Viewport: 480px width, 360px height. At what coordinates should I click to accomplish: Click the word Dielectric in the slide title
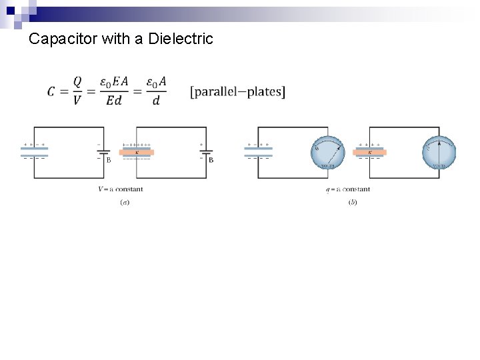pyautogui.click(x=181, y=39)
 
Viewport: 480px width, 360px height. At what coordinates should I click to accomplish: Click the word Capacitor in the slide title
pyautogui.click(x=64, y=39)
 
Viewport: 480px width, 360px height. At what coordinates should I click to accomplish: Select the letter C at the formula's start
pyautogui.click(x=51, y=92)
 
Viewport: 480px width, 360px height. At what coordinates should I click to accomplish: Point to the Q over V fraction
pyautogui.click(x=77, y=91)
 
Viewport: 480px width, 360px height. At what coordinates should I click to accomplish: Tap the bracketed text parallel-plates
pyautogui.click(x=237, y=91)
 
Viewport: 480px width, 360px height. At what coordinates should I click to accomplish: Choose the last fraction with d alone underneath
pyautogui.click(x=156, y=91)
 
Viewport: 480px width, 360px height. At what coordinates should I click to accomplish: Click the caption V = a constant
pyautogui.click(x=120, y=189)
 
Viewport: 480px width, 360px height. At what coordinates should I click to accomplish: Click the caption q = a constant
pyautogui.click(x=347, y=189)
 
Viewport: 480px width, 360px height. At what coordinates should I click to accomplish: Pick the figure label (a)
pyautogui.click(x=125, y=202)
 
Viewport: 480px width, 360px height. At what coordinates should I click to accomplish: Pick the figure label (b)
pyautogui.click(x=352, y=202)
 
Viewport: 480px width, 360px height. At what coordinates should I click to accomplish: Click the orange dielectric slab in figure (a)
pyautogui.click(x=137, y=153)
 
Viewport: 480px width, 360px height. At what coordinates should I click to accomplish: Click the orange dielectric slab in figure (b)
pyautogui.click(x=370, y=153)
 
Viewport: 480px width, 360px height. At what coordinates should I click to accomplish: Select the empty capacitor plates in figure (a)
pyautogui.click(x=35, y=152)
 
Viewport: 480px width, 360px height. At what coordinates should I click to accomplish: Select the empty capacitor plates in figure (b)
pyautogui.click(x=258, y=152)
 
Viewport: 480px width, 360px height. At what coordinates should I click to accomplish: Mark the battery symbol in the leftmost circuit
pyautogui.click(x=103, y=153)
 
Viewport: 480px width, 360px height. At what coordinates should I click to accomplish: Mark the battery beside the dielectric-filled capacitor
pyautogui.click(x=205, y=153)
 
